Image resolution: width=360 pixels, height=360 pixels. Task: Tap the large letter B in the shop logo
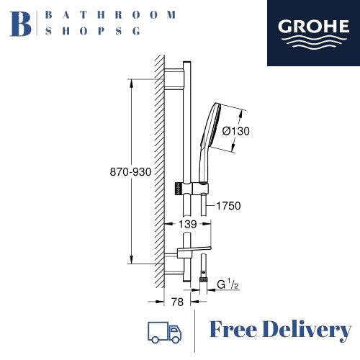[22, 22]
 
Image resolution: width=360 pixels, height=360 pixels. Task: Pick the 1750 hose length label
[227, 206]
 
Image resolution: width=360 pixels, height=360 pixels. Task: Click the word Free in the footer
[237, 330]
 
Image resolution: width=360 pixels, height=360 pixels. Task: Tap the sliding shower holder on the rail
[190, 188]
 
